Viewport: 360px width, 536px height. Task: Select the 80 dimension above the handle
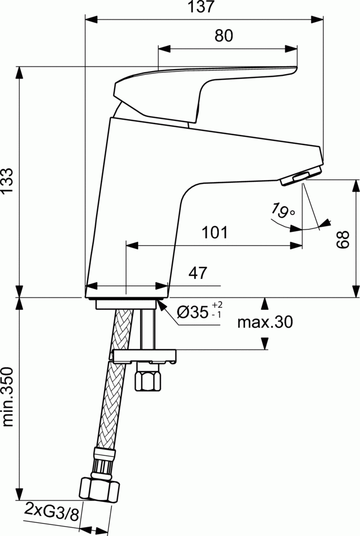(223, 36)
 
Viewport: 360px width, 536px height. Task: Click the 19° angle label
(283, 210)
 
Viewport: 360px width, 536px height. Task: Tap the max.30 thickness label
(265, 322)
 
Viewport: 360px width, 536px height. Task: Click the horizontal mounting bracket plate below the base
(143, 356)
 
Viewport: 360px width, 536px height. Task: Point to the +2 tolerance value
(218, 305)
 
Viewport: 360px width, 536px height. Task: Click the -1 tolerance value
(216, 315)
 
